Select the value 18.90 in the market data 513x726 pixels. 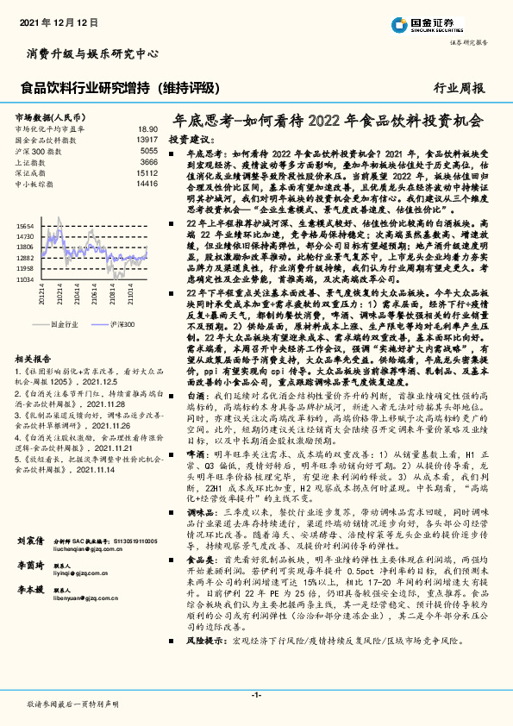pyautogui.click(x=148, y=128)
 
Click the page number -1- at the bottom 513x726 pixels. pyautogui.click(x=256, y=695)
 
